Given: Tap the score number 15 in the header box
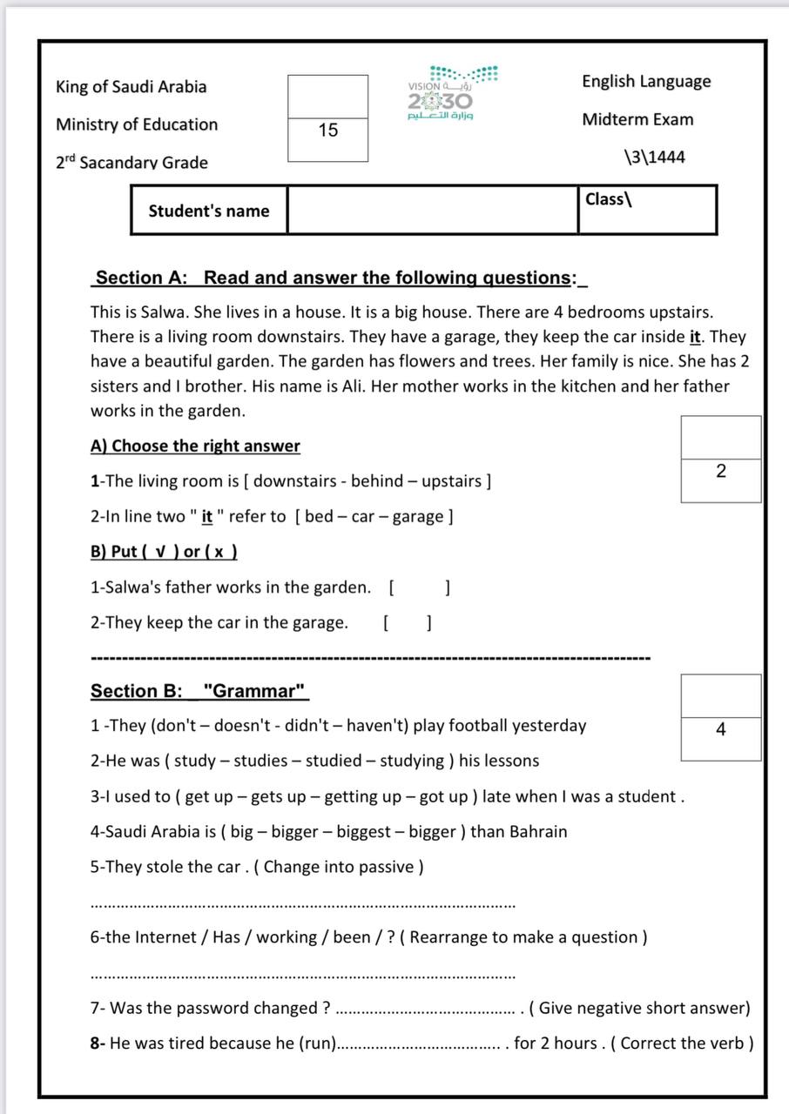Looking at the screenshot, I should click(328, 131).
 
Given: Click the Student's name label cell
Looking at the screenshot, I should click(209, 211).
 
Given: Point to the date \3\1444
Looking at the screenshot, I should click(654, 157).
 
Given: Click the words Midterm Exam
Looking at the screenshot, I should click(637, 119).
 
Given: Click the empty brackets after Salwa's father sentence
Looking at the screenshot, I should click(419, 587).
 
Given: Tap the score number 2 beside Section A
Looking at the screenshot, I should click(720, 472).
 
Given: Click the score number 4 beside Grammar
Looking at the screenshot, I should click(720, 730).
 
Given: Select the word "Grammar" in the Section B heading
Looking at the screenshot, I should click(255, 691).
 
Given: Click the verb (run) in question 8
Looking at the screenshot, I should click(318, 1044).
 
